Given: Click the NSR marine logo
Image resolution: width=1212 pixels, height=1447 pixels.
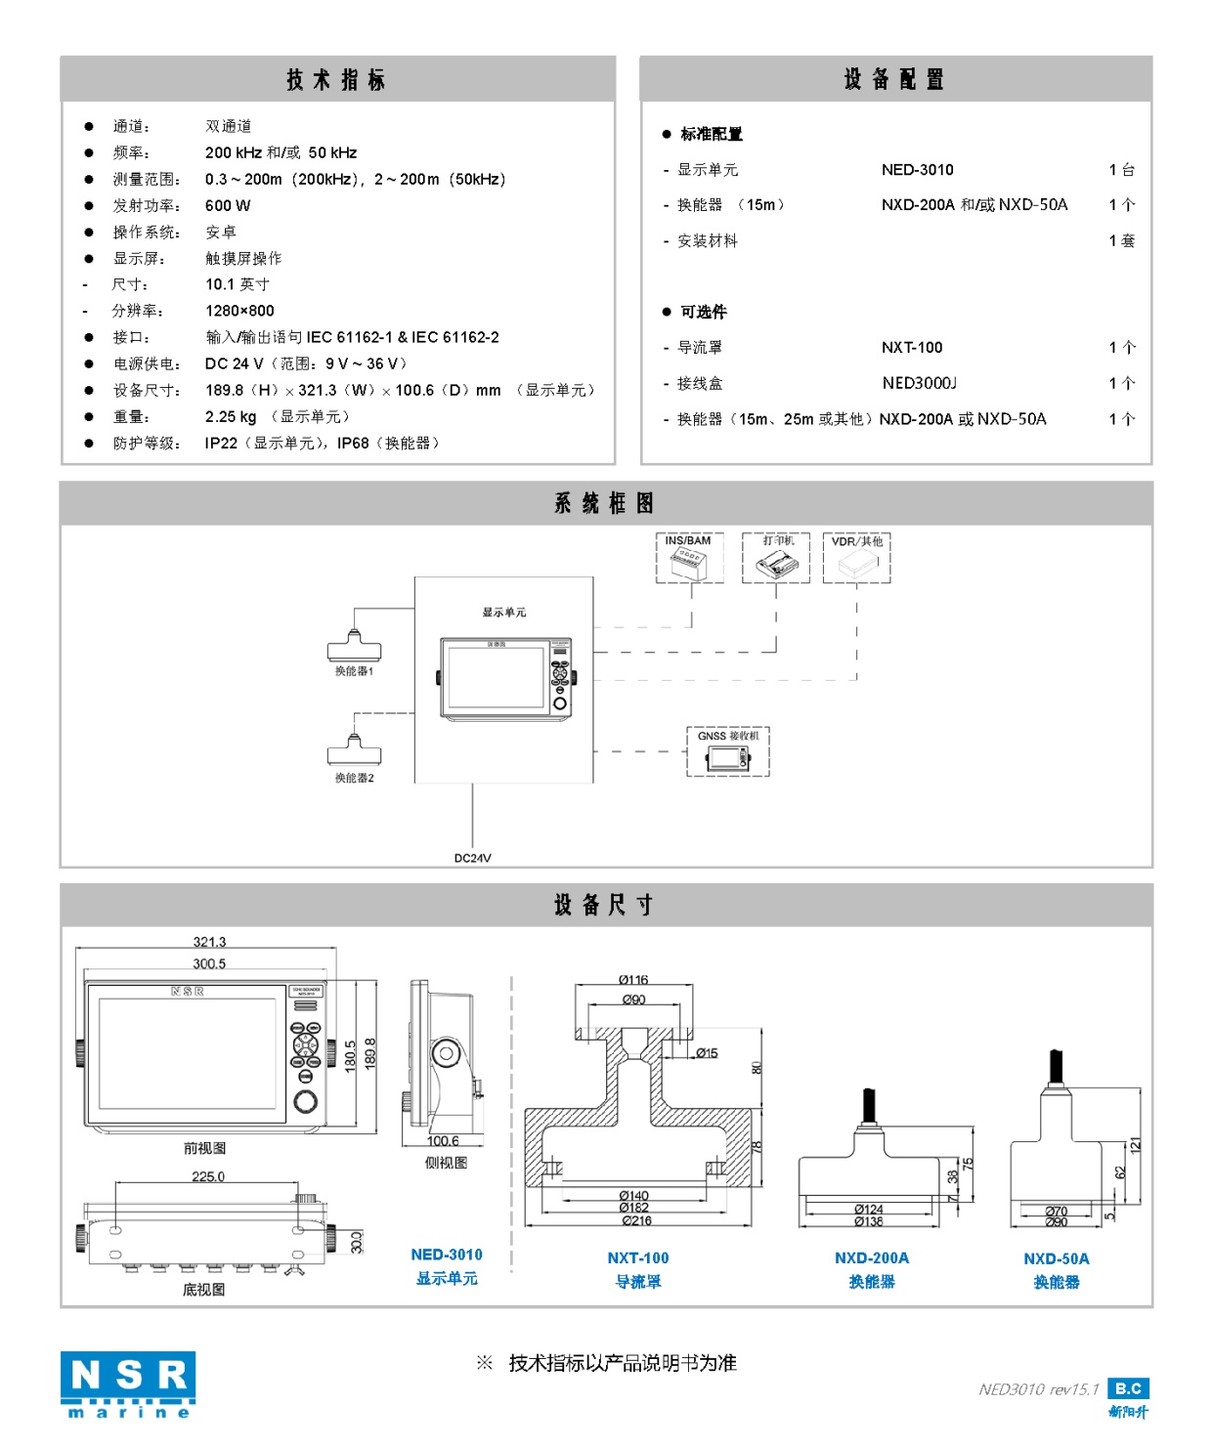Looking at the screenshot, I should (x=127, y=1383).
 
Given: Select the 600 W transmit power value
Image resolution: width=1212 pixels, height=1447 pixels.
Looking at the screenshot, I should (x=228, y=205).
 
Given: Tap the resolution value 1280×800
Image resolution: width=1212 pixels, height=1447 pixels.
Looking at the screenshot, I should (x=239, y=311).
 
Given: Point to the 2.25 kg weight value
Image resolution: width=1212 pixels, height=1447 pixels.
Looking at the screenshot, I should (x=231, y=416).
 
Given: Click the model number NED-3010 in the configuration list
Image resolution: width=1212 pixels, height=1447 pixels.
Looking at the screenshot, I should (x=917, y=170).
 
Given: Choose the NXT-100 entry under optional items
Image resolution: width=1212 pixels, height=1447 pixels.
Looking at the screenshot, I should (x=912, y=348).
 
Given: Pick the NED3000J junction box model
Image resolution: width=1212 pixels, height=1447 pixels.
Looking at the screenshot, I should (x=919, y=383).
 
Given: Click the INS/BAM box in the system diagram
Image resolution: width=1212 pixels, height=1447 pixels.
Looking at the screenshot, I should (x=690, y=558).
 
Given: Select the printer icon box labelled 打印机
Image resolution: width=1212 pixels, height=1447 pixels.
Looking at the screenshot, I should (x=776, y=558).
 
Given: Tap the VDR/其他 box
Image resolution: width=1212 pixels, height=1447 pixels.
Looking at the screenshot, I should (x=857, y=558).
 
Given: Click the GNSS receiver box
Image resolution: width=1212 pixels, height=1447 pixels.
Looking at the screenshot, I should (x=728, y=752).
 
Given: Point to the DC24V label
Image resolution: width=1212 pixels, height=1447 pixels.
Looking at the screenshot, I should (x=472, y=858).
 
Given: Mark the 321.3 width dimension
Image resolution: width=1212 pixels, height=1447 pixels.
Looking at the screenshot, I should (x=209, y=942).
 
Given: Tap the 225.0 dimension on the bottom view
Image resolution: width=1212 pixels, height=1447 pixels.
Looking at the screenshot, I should (x=207, y=1176).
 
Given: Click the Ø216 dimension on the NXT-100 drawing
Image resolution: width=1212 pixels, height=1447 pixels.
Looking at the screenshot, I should (x=635, y=1220).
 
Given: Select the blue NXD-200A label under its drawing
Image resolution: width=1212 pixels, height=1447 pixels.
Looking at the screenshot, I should (x=872, y=1258).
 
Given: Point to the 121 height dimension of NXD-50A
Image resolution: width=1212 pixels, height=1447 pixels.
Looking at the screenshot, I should (x=1135, y=1145).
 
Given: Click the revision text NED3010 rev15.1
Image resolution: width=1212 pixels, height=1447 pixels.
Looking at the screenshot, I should (x=1038, y=1389).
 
